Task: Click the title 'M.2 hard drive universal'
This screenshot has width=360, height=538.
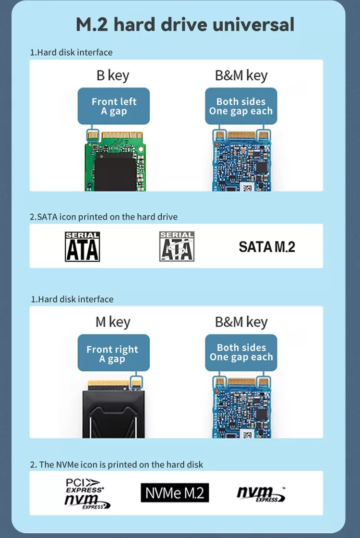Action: [185, 24]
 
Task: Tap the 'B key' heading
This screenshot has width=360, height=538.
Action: [113, 75]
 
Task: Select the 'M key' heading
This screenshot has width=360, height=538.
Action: [113, 322]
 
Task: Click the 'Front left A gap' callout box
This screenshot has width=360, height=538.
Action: [113, 106]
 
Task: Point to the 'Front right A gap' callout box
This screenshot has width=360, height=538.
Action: [113, 353]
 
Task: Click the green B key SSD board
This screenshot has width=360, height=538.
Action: [115, 161]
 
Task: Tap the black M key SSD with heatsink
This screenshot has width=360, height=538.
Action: [113, 408]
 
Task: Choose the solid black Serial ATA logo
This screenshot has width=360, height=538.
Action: [82, 247]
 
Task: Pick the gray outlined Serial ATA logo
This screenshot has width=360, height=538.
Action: [177, 246]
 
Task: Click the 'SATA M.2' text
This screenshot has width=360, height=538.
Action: [267, 247]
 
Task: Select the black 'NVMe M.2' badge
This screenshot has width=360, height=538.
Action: [175, 493]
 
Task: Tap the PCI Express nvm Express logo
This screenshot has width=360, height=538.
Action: [87, 493]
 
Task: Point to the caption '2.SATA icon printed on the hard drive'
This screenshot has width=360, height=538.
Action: [104, 217]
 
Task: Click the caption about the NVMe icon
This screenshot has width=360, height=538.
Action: [117, 465]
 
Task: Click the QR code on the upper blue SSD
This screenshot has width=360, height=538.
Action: [247, 187]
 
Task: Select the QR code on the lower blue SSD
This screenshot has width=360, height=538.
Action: [247, 434]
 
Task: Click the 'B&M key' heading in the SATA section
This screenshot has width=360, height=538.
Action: [241, 75]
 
